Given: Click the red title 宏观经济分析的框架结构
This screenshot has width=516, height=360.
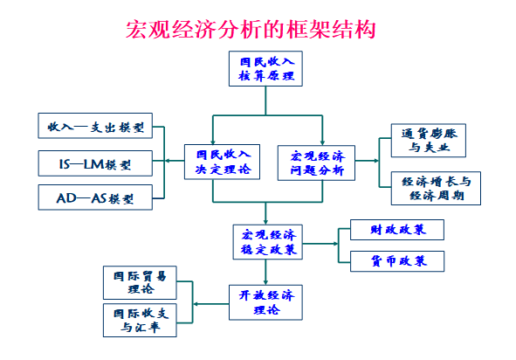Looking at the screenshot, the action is point(251,30).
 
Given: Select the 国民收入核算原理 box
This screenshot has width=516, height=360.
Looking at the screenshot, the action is point(265,68).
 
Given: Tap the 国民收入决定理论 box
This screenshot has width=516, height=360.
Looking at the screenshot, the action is point(222,162).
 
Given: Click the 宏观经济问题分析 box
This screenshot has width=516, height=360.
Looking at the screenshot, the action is point(316,163).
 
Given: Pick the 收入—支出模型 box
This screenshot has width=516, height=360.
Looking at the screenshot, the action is point(95,126).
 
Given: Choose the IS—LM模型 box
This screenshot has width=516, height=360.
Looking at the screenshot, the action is point(95,163).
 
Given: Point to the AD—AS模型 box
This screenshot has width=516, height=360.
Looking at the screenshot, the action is point(95,197).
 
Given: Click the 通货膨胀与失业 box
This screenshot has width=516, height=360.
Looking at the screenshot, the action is point(429,141).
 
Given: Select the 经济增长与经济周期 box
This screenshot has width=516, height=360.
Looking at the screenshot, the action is point(436,188).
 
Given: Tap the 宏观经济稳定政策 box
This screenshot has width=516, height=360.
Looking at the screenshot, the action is point(267,242).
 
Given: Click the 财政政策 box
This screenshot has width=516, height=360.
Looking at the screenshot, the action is point(397,230).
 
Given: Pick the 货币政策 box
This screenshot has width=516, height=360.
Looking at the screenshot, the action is point(397,261).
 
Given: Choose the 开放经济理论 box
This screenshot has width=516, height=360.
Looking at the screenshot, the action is point(265,302).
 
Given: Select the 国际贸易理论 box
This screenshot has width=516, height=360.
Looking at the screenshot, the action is point(140,282).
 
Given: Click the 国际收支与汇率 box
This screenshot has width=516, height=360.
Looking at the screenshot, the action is point(140,320).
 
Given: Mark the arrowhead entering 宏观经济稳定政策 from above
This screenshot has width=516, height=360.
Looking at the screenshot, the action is point(265,222).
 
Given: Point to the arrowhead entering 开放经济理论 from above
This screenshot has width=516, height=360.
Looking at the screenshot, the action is point(265,282).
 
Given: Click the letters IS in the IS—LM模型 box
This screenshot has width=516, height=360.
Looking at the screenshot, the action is point(65,163).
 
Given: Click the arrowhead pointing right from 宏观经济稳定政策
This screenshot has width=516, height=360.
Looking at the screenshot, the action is point(335,244).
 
